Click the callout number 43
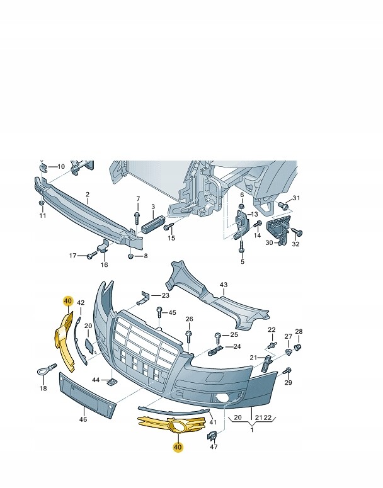pyautogui.click(x=223, y=285)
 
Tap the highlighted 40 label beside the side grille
pyautogui.click(x=68, y=302)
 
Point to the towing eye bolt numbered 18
pyautogui.click(x=42, y=372)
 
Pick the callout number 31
pyautogui.click(x=297, y=199)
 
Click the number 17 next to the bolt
pyautogui.click(x=72, y=256)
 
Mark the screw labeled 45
pyautogui.click(x=160, y=313)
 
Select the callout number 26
pyautogui.click(x=189, y=320)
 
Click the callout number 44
pyautogui.click(x=96, y=380)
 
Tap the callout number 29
pyautogui.click(x=288, y=383)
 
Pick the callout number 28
pyautogui.click(x=299, y=332)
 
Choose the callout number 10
pyautogui.click(x=61, y=166)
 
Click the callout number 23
pyautogui.click(x=165, y=295)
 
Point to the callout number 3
pyautogui.click(x=152, y=207)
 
